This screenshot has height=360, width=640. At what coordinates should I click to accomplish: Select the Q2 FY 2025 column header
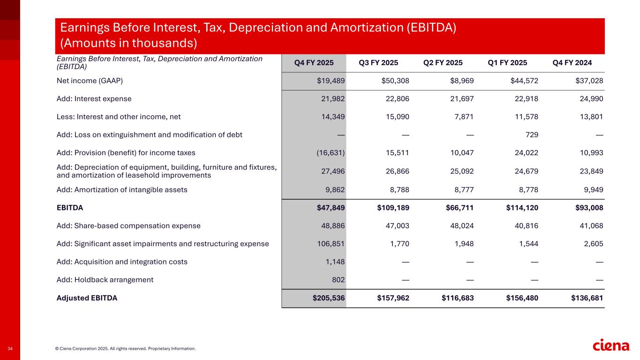pos(443,63)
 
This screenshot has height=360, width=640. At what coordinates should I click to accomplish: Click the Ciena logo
pos(611,345)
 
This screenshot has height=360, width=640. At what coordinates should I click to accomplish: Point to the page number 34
pos(10,348)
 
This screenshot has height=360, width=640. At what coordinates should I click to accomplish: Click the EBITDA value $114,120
pos(518,207)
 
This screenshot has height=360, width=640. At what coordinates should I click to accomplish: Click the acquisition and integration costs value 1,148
pos(335,262)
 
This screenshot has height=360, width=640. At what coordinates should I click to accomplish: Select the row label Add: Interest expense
pos(94,99)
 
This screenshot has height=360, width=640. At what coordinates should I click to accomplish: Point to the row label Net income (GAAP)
pos(90,81)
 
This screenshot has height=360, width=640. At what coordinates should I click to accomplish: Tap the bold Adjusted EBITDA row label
pos(87,298)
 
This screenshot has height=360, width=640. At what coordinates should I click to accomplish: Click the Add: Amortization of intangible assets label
pos(121,189)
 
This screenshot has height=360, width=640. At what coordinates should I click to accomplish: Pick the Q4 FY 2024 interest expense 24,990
pos(590,99)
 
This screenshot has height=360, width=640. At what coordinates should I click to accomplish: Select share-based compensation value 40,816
pos(526,225)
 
